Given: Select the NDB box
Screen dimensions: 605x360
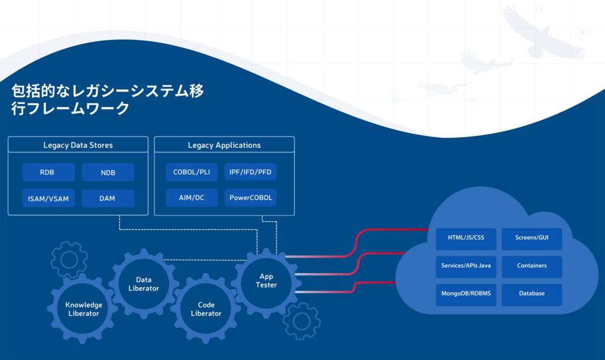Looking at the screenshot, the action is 108,172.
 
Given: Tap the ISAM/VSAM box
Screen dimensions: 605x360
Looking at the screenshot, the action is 48,198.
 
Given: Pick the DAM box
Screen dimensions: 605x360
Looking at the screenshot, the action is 108,198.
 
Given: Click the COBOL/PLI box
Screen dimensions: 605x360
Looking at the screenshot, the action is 192,172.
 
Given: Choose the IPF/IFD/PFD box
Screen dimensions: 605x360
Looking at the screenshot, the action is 251,172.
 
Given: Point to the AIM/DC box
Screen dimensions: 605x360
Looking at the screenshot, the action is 192,197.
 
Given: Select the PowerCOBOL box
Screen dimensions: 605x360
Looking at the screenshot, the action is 251,197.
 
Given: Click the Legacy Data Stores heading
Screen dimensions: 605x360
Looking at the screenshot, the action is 78,145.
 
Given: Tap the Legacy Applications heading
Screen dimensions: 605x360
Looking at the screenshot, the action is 224,145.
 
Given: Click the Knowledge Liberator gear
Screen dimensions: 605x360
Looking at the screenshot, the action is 83,309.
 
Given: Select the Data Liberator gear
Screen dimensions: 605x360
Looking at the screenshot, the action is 144,284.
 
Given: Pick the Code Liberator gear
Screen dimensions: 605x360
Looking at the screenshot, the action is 206,309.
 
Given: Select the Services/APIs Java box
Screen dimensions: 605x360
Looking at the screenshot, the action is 466,267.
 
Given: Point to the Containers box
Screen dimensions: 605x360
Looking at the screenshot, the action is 532,267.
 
